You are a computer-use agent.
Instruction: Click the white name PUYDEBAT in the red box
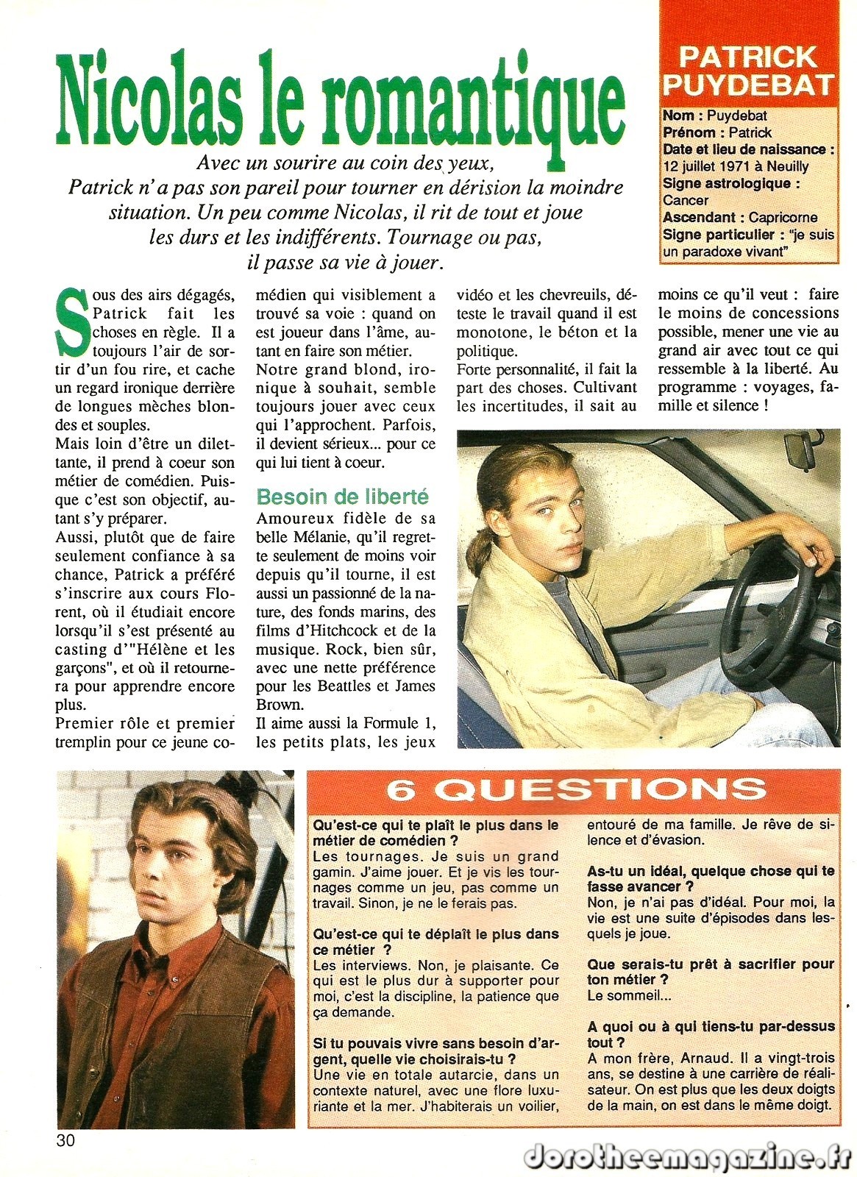click(748, 84)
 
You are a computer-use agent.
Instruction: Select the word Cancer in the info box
click(686, 200)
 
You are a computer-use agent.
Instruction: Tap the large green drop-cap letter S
click(73, 320)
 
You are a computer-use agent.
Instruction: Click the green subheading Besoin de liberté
click(342, 497)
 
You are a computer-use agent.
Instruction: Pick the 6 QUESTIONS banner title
click(575, 789)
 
